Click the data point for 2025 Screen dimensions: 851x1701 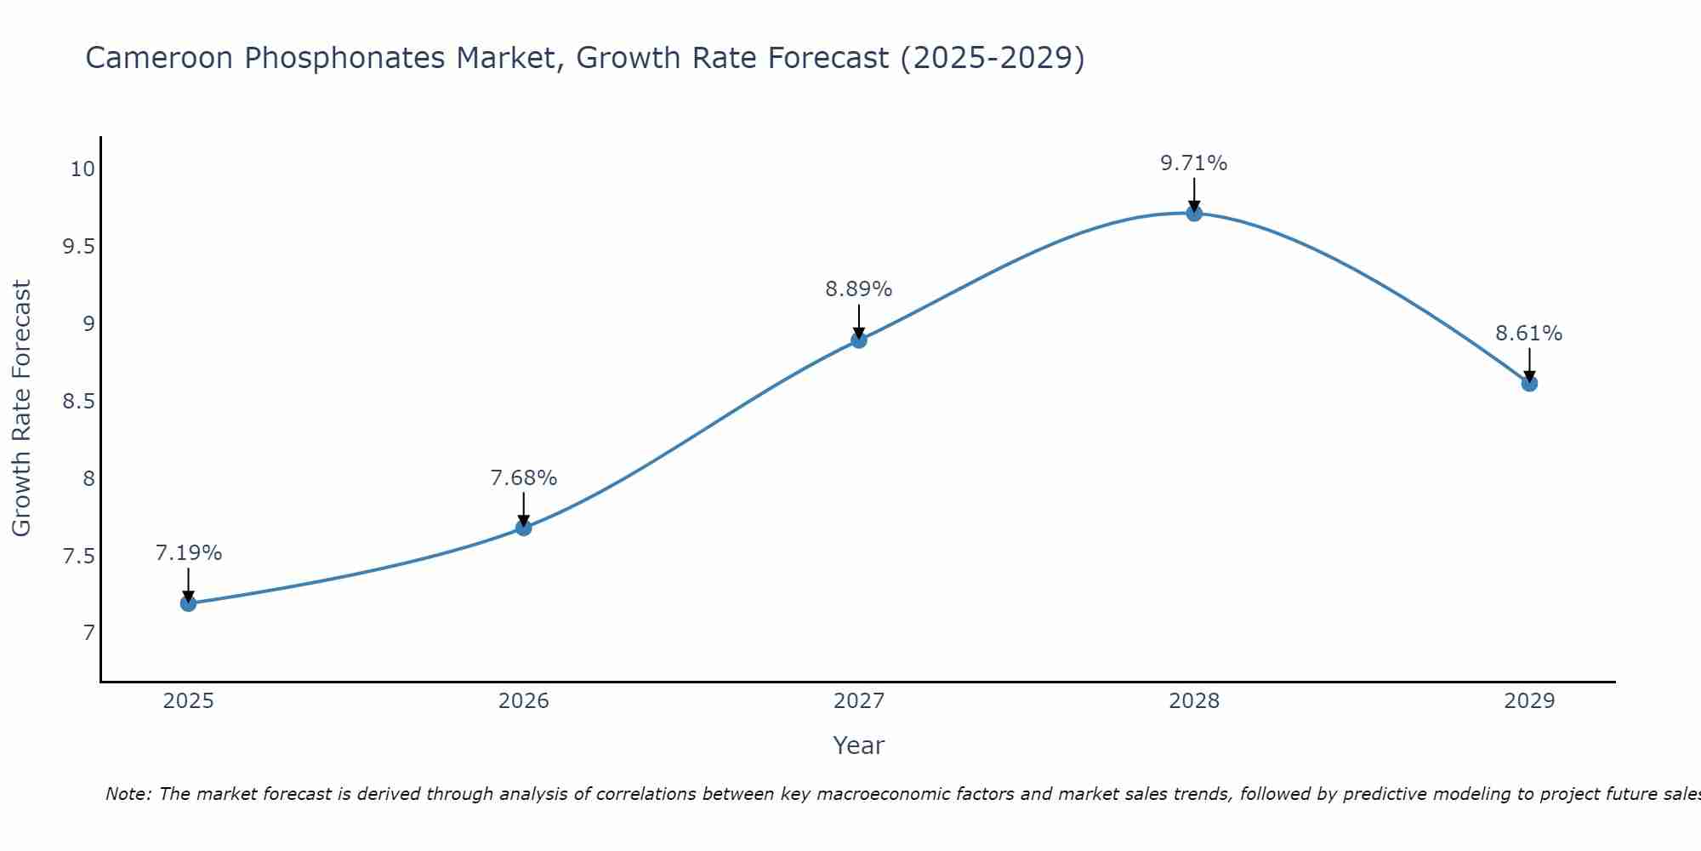tap(188, 603)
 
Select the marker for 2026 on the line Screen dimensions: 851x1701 tap(523, 528)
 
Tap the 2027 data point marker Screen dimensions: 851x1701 tap(859, 340)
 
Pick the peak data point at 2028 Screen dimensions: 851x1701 tap(1194, 213)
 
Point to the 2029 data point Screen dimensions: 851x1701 tap(1529, 384)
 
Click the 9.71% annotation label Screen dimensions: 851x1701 tap(1194, 163)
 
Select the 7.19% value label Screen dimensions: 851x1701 tap(188, 553)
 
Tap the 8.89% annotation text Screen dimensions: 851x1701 tap(859, 289)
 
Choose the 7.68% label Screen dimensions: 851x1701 tap(523, 478)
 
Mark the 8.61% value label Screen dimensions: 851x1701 tap(1529, 334)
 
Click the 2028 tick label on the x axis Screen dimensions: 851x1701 tap(1194, 701)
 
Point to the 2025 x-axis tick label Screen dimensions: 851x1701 tap(188, 701)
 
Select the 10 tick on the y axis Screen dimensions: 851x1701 tap(82, 169)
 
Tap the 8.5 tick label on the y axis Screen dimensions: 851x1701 tap(78, 401)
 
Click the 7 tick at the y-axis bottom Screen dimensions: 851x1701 tap(88, 633)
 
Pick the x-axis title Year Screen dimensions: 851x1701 tap(859, 745)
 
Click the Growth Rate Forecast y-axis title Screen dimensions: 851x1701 tap(21, 408)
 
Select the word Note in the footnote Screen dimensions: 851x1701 tap(128, 794)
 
